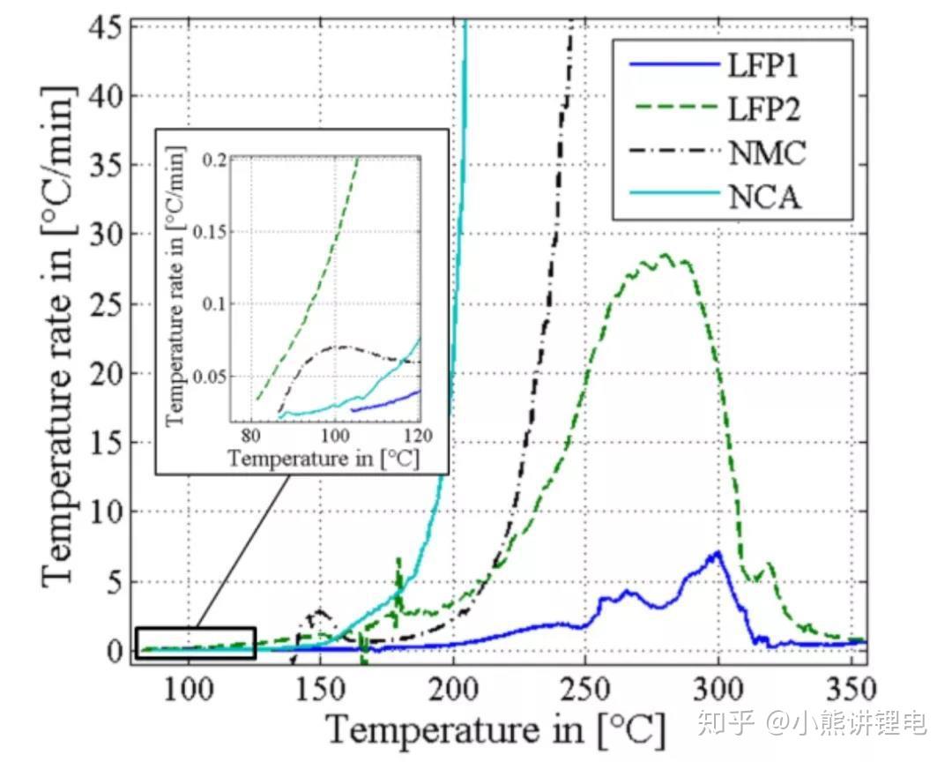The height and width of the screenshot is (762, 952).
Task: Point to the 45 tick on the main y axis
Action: click(x=108, y=26)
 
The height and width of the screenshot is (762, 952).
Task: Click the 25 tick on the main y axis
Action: click(x=108, y=304)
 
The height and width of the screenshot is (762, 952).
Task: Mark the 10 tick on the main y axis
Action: click(x=108, y=512)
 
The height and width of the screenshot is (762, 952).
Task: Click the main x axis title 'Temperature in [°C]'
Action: click(x=496, y=728)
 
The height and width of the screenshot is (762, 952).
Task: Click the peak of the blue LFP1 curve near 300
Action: click(x=718, y=553)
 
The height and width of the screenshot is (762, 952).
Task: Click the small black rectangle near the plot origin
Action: click(x=196, y=643)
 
